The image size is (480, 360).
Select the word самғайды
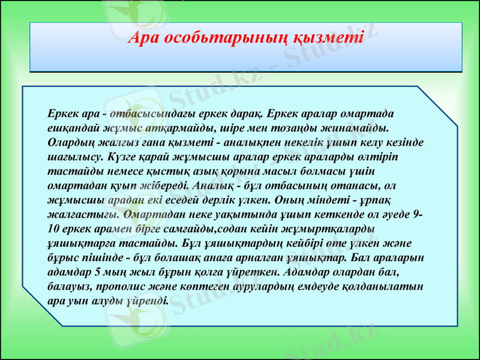coord(186,229)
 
